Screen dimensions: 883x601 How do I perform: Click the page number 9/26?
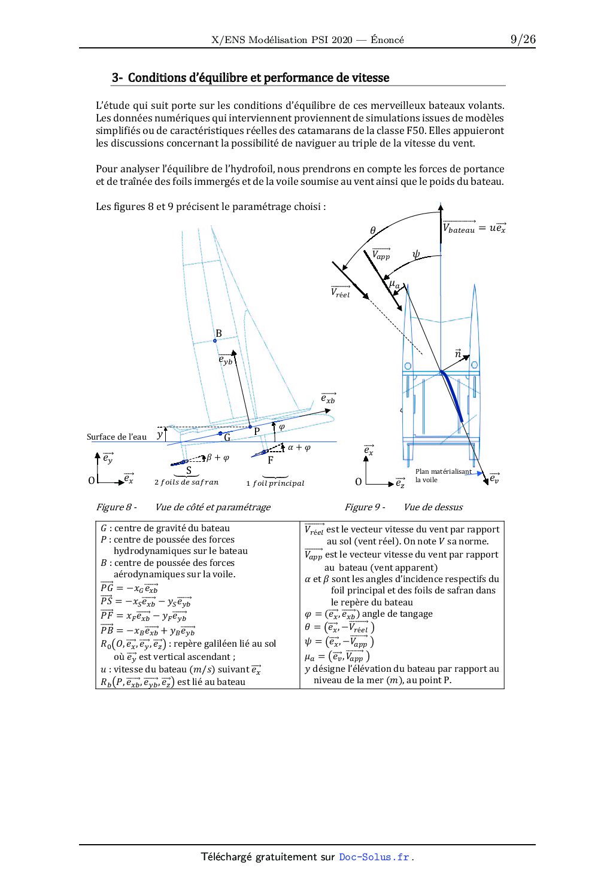pos(523,39)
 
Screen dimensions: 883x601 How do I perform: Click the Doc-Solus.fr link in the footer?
pos(374,857)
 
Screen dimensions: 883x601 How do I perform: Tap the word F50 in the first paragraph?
pos(415,130)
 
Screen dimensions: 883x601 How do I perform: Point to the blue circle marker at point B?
pos(215,341)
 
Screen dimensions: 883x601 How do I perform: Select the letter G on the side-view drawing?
pos(227,437)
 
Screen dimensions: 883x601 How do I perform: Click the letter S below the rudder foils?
pos(189,470)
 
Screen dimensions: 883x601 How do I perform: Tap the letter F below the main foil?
pos(271,460)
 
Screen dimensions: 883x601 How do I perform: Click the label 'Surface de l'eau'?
pos(117,437)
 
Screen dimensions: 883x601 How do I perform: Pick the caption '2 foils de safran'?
pos(186,482)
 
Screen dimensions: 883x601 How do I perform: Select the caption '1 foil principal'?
pos(275,483)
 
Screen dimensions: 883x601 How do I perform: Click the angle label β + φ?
pos(218,458)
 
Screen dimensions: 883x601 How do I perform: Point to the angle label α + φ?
pos(299,447)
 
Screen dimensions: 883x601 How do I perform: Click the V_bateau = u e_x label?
pos(474,228)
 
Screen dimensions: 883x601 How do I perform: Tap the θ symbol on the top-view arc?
pos(373,230)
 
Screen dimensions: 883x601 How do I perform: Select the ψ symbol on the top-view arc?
pos(416,254)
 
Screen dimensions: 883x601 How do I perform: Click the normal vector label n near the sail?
pos(458,354)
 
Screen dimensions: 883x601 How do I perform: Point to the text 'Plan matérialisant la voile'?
pos(443,476)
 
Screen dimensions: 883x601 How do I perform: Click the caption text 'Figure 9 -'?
pos(365,507)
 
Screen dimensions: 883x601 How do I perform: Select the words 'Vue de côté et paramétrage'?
pos(213,507)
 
